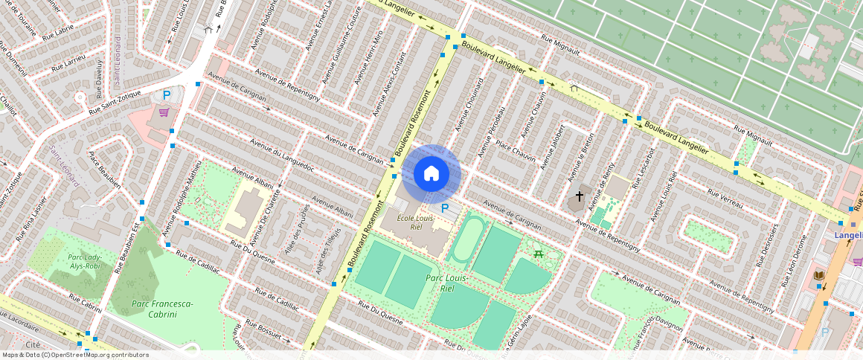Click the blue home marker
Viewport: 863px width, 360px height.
(x=431, y=174)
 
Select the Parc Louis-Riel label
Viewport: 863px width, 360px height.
(x=440, y=283)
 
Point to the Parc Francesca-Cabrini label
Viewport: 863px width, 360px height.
(x=162, y=309)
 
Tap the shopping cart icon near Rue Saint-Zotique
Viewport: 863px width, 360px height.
(x=163, y=113)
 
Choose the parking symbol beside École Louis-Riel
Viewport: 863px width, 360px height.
(x=445, y=209)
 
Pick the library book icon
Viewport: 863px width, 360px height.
(x=818, y=276)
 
